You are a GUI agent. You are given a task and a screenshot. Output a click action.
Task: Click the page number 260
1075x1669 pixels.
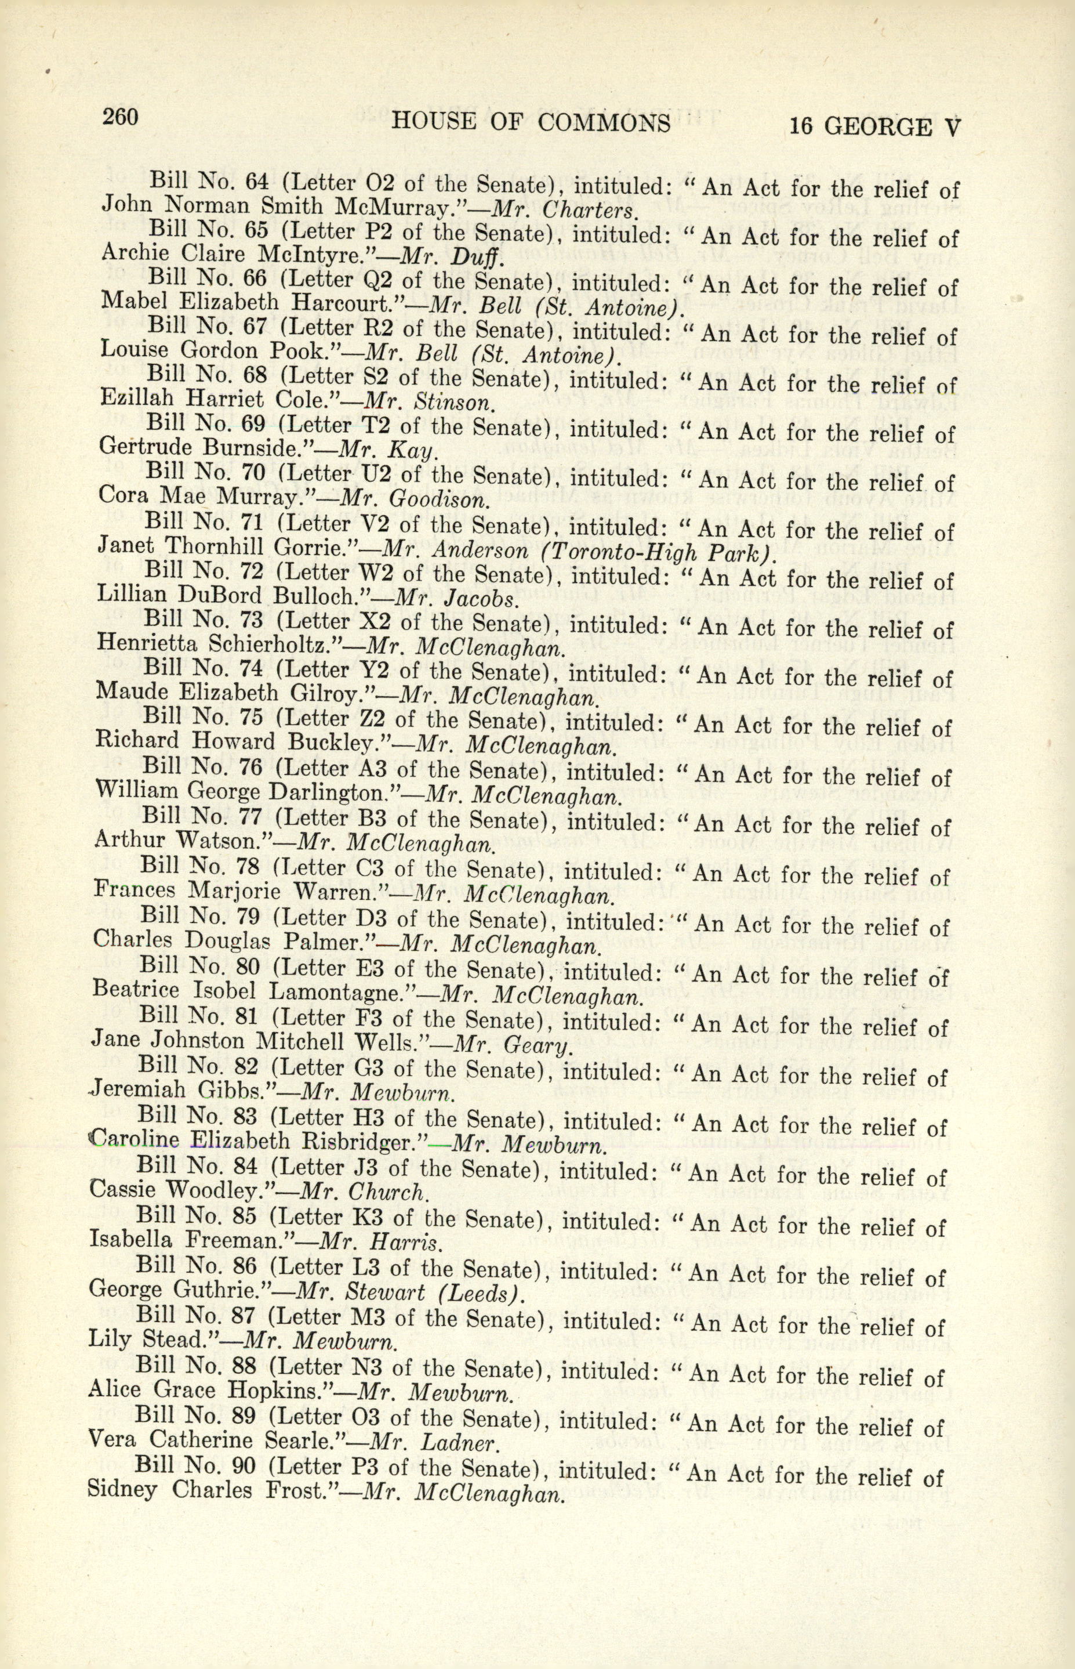click(121, 116)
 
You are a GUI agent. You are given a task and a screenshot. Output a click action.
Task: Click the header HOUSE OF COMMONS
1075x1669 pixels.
click(531, 122)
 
